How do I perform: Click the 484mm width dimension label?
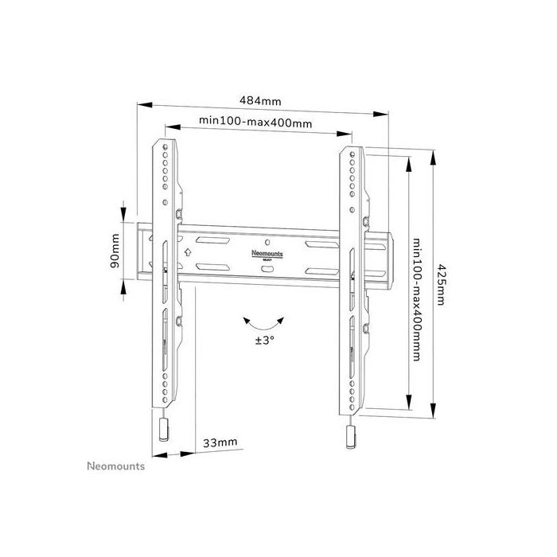(x=260, y=101)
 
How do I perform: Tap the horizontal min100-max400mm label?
(x=255, y=121)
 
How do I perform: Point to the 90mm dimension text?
(x=116, y=250)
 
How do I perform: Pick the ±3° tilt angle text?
(x=264, y=340)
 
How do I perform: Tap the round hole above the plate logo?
(x=267, y=240)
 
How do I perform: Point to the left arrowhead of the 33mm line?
(x=156, y=454)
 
